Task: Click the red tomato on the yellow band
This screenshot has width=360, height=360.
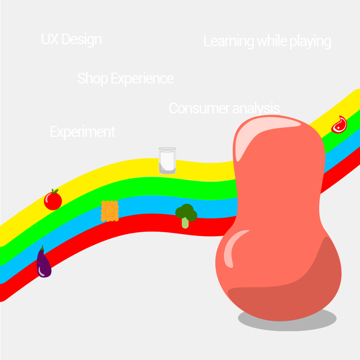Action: (x=53, y=201)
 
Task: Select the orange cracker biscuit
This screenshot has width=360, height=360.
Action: (x=109, y=211)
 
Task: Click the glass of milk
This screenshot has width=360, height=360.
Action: (x=167, y=161)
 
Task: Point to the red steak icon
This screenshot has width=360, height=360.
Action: (x=339, y=125)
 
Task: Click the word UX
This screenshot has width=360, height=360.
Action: (x=50, y=39)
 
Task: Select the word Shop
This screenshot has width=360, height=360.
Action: (x=93, y=78)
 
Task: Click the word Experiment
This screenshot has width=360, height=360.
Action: (x=82, y=132)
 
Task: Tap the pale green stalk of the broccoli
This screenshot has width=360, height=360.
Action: (x=185, y=223)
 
